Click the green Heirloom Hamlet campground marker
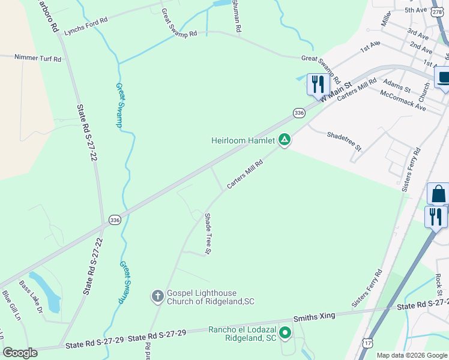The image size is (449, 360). point(285,140)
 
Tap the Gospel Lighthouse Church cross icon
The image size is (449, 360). point(157,295)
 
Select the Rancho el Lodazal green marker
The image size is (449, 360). point(285,332)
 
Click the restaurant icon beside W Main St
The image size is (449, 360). point(316,84)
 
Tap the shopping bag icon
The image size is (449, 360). point(438,194)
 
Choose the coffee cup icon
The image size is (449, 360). point(444,77)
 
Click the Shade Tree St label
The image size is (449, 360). point(207,233)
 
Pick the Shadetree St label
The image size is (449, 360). point(344,141)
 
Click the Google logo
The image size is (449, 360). point(20,353)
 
